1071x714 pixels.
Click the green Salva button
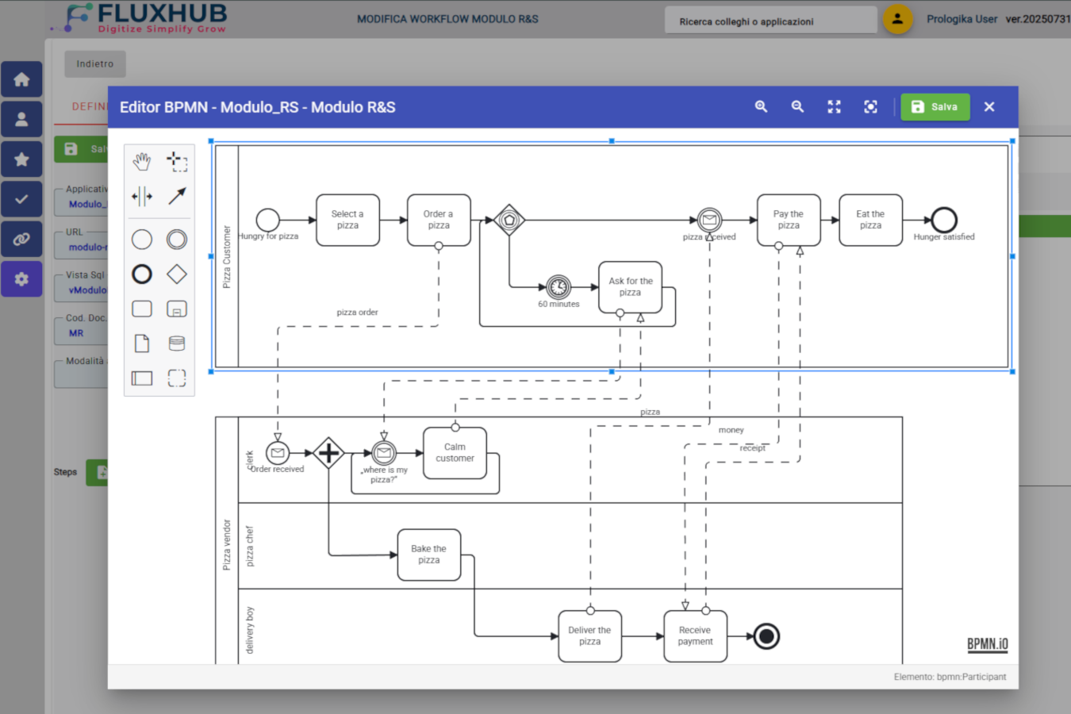(x=935, y=107)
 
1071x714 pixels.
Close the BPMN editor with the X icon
(x=988, y=107)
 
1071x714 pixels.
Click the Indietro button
(x=95, y=64)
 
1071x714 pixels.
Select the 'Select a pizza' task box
(x=347, y=220)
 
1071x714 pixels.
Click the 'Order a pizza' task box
(x=439, y=220)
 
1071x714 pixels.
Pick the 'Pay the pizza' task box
(x=788, y=220)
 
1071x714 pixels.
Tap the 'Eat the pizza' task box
(x=870, y=220)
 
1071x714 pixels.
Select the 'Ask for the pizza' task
(x=631, y=286)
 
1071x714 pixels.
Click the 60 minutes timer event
(x=559, y=286)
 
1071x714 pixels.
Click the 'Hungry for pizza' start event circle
(x=268, y=220)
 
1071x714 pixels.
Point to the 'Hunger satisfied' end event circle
(x=944, y=220)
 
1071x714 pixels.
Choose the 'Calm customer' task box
(x=455, y=453)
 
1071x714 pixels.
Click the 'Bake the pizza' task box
(x=428, y=555)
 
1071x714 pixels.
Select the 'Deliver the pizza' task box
(x=589, y=635)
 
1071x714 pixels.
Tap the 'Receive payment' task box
(x=695, y=635)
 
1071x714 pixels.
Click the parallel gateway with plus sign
(x=328, y=453)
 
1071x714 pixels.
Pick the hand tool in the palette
(x=142, y=162)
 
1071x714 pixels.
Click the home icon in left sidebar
(x=21, y=79)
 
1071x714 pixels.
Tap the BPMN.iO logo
(x=987, y=644)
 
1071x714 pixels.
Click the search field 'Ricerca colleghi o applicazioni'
(x=770, y=21)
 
